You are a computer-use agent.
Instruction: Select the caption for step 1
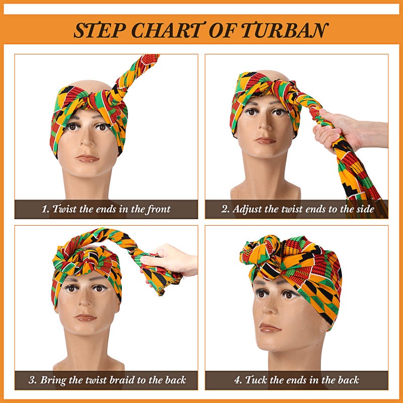click(x=106, y=209)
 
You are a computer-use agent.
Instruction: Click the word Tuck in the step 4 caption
click(x=257, y=380)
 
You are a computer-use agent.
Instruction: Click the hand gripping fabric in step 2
click(x=335, y=132)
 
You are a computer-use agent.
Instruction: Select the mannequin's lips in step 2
click(x=265, y=140)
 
